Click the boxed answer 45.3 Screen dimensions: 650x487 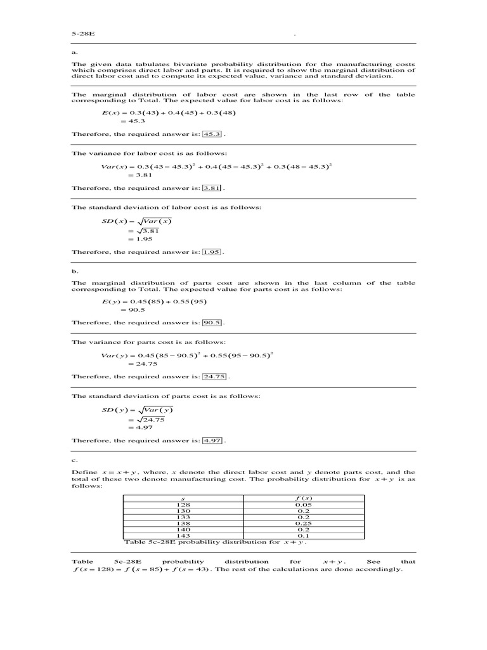(x=211, y=135)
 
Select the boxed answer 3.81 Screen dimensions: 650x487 (x=212, y=189)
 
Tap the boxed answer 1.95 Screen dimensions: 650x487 (x=212, y=252)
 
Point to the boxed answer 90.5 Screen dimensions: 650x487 (x=212, y=322)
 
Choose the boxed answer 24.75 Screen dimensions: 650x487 (x=214, y=376)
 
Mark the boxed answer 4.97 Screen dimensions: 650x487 (x=212, y=441)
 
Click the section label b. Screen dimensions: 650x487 (x=74, y=270)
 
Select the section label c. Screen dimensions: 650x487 (x=74, y=459)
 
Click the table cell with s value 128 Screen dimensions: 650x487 (x=183, y=505)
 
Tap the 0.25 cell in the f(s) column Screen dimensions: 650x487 (x=304, y=524)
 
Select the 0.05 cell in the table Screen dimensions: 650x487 (x=304, y=505)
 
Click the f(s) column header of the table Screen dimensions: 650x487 (x=304, y=498)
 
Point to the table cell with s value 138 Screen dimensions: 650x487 (x=183, y=524)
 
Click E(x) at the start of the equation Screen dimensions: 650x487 (x=111, y=112)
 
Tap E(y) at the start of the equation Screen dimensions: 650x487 (x=111, y=301)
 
